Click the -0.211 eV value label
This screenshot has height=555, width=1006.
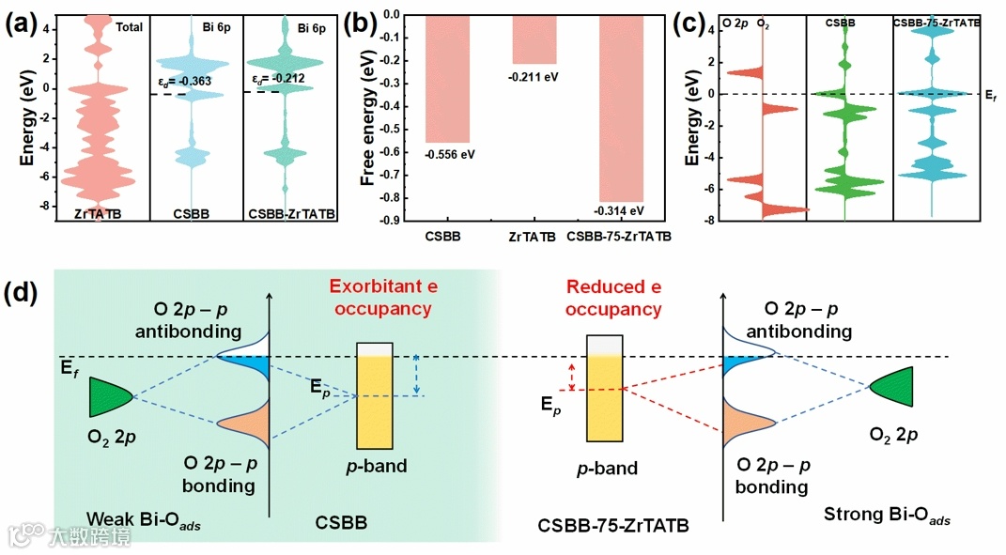(x=534, y=75)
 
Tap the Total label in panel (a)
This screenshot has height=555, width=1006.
(x=129, y=27)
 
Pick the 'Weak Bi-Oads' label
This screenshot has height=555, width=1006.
(x=144, y=519)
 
